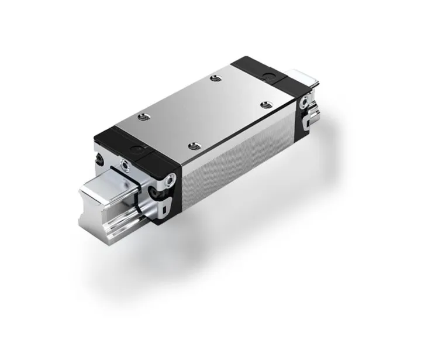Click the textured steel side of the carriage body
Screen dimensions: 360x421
pos(234,170)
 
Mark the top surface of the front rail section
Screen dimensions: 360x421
pos(108,181)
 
